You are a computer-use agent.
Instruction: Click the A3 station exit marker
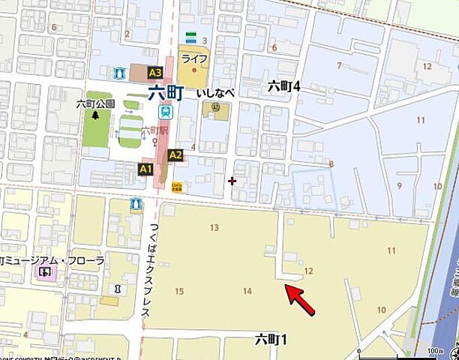(155, 73)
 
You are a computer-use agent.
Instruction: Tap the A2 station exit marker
(175, 155)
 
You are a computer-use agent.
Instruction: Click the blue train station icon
(164, 112)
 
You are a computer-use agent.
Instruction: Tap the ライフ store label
(193, 58)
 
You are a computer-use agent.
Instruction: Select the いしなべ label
(215, 93)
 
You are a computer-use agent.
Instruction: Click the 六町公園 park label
(95, 104)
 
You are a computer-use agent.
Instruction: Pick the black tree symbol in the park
(95, 115)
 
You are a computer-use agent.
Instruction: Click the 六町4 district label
(284, 87)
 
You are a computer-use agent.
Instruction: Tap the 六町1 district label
(271, 340)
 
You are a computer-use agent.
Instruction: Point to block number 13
(214, 228)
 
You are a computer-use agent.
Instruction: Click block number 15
(178, 291)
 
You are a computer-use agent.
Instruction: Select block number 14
(247, 290)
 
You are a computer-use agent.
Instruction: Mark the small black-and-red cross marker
(232, 180)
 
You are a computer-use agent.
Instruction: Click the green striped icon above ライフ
(191, 37)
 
